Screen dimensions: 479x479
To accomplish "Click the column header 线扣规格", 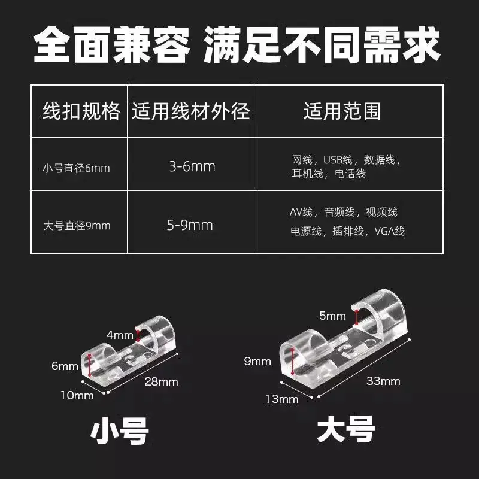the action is point(81,111).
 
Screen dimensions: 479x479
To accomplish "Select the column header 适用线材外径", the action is point(190,111).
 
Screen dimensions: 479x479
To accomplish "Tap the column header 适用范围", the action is point(342,111).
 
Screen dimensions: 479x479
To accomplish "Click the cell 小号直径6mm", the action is point(77,168).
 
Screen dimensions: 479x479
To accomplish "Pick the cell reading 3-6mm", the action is point(192,166).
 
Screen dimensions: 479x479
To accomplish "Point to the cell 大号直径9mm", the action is point(77,226).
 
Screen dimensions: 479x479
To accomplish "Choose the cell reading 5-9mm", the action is point(190,225).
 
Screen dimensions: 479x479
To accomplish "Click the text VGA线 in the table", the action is point(390,231).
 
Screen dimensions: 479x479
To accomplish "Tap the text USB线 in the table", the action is point(338,160).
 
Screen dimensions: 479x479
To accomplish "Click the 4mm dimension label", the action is point(120,335).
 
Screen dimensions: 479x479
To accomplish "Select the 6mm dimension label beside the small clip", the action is point(65,366).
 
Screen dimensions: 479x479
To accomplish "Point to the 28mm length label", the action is point(161,381).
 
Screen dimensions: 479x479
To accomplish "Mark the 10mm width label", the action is point(77,396).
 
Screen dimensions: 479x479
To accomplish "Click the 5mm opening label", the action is point(332,316).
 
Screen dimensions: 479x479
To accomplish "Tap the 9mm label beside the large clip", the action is point(257,362).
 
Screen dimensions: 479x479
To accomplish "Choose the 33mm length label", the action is point(383,381).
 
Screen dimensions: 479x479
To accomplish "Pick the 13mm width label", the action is point(281,399).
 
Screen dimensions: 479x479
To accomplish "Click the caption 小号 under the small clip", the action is point(120,431).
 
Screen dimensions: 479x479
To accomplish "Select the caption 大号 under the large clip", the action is point(346,429).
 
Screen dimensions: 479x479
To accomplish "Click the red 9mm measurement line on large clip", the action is point(293,361).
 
